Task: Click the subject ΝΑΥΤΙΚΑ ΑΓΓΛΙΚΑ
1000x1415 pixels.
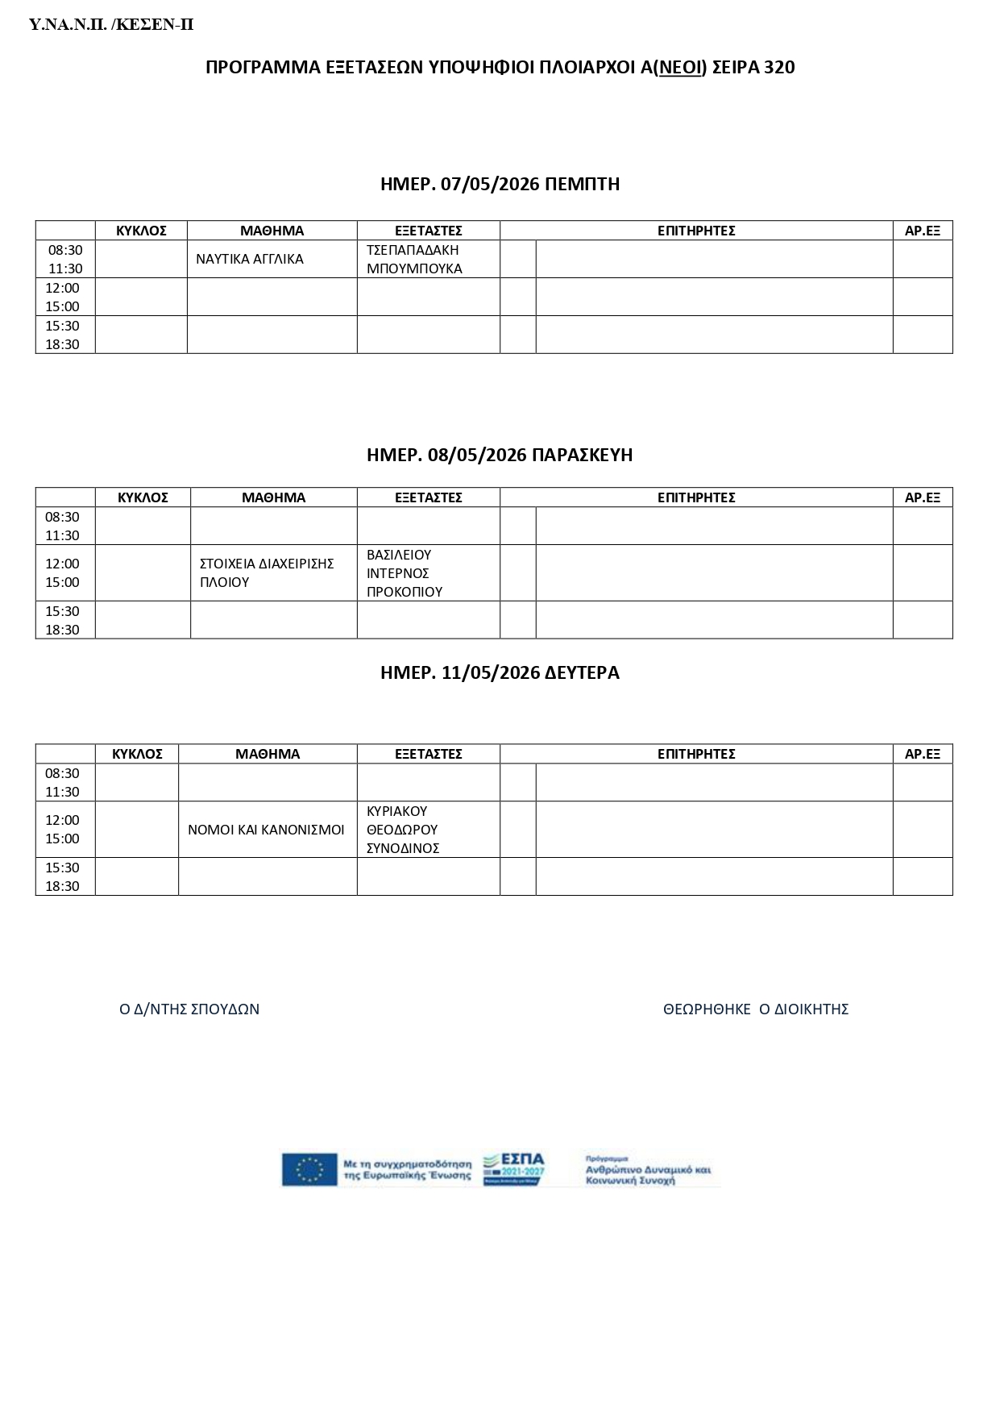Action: point(250,260)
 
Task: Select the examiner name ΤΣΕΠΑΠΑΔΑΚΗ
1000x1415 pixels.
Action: point(413,250)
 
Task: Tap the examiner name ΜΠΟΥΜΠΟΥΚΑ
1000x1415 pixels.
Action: point(414,268)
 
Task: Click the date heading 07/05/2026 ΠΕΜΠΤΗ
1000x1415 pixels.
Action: point(500,184)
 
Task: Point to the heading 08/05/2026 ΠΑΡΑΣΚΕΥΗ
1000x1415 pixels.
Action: point(500,455)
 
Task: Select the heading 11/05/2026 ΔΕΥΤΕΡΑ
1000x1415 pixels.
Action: point(500,672)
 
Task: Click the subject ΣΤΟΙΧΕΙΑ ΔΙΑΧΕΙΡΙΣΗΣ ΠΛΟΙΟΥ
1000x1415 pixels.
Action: point(267,572)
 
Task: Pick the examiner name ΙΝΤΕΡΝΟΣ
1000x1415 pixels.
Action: point(397,573)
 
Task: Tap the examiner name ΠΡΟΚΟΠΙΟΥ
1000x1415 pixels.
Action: point(405,592)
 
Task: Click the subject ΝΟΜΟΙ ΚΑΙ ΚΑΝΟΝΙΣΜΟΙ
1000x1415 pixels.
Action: point(266,830)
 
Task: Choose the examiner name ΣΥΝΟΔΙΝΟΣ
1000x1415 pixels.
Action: point(403,848)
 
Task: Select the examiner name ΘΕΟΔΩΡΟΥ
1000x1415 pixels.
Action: point(402,830)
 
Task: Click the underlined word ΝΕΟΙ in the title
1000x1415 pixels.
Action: point(682,67)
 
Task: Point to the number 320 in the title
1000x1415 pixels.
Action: point(779,67)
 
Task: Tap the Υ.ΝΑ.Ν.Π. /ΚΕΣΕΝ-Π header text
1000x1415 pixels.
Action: point(111,25)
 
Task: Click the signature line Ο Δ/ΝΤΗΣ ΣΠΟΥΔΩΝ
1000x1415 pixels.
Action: point(189,1009)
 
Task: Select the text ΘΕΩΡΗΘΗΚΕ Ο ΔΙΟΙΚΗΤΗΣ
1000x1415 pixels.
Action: point(756,1009)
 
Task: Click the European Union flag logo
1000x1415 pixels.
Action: point(309,1170)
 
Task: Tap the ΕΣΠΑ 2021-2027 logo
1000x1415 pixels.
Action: point(514,1169)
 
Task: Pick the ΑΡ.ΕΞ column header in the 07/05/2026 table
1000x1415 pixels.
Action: point(923,231)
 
